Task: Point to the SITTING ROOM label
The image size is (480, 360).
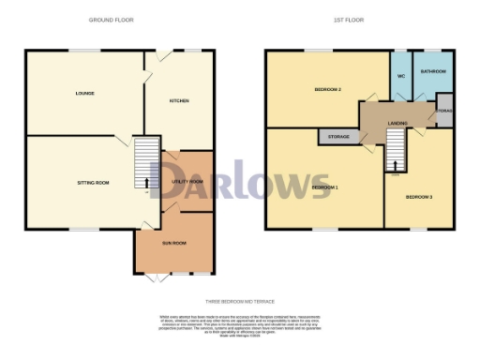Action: (94, 182)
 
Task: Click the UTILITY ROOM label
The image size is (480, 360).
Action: (187, 181)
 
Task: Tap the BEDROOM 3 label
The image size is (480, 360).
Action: (419, 197)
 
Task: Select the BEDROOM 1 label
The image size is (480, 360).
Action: (324, 187)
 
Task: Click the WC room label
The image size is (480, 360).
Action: (400, 76)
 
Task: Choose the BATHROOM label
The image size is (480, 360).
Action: (432, 71)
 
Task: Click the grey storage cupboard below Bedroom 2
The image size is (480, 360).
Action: (339, 137)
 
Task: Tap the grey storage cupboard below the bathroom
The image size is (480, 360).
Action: (444, 110)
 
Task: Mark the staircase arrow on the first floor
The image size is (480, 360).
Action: (395, 166)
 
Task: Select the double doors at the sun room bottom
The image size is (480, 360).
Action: (160, 276)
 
